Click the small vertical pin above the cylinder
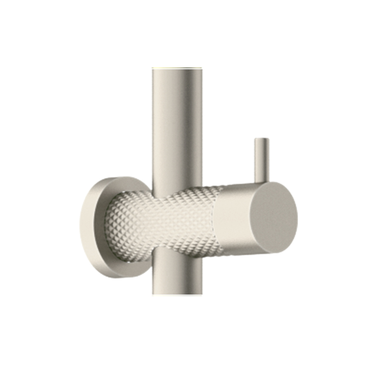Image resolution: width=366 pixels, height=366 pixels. coord(262,159)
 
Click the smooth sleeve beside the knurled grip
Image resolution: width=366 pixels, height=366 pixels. coord(232,220)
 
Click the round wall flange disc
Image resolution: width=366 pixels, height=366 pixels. coord(91,227)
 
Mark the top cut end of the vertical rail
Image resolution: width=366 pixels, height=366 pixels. coord(177,68)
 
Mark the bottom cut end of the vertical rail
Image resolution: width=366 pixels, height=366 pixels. coord(177,294)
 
